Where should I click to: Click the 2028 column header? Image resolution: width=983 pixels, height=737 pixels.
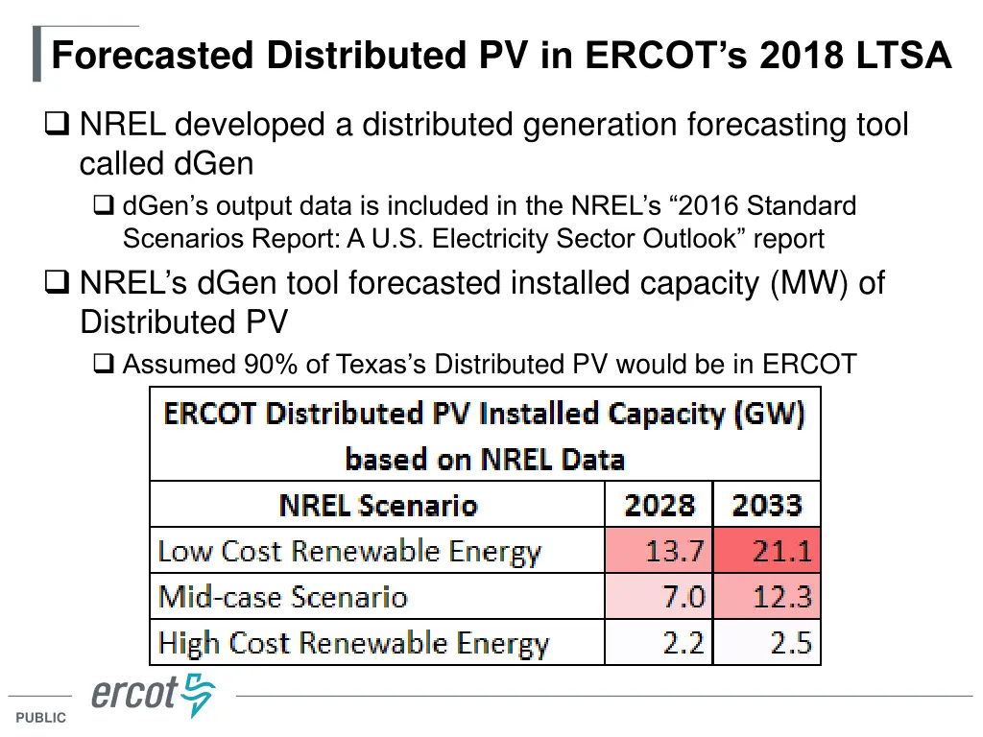point(659,505)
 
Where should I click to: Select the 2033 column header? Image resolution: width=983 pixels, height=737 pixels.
point(767,505)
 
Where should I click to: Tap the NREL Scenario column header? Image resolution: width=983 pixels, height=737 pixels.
point(377,505)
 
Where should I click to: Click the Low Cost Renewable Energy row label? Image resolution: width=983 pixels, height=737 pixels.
point(349,552)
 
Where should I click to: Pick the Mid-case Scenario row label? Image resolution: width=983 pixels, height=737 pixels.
point(283,597)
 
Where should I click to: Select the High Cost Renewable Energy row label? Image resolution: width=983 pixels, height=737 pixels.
point(353,643)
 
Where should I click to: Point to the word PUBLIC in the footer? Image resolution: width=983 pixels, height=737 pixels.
point(41,718)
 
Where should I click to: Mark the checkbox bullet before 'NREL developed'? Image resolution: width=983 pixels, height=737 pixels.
point(57,125)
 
